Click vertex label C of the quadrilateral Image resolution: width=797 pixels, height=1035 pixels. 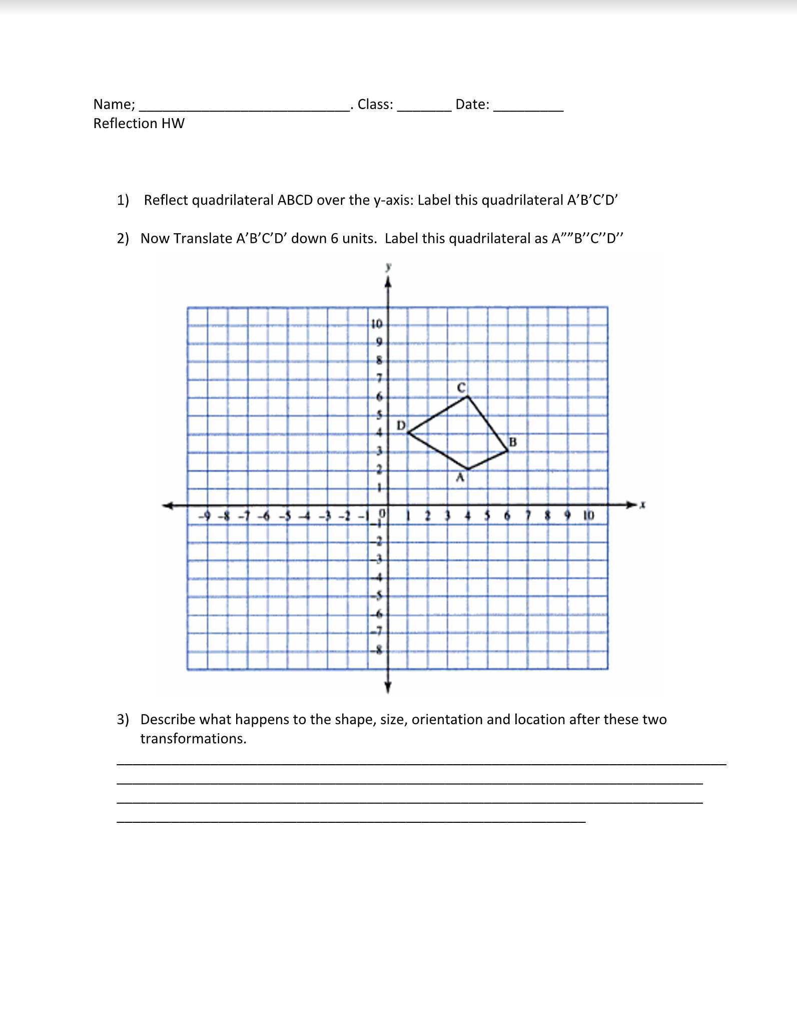pyautogui.click(x=461, y=388)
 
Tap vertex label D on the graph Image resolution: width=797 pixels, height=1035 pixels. pyautogui.click(x=401, y=425)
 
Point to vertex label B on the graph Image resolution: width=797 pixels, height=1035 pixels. pyautogui.click(x=512, y=442)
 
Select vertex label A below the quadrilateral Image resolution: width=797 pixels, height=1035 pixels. pyautogui.click(x=460, y=477)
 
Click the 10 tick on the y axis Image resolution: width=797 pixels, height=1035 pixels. pyautogui.click(x=377, y=324)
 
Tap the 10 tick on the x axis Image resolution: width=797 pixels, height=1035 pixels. pyautogui.click(x=588, y=515)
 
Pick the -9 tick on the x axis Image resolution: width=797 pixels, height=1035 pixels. pyautogui.click(x=204, y=515)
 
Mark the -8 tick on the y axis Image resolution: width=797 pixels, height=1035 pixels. pyautogui.click(x=377, y=650)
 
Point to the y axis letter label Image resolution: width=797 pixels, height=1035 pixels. pyautogui.click(x=388, y=267)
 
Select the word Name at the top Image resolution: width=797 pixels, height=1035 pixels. pyautogui.click(x=113, y=104)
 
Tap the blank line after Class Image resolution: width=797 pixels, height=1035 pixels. pyautogui.click(x=424, y=110)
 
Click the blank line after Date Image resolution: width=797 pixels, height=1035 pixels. pyautogui.click(x=528, y=110)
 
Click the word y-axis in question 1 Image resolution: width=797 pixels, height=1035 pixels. pyautogui.click(x=393, y=200)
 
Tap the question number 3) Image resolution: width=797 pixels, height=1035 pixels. pyautogui.click(x=123, y=719)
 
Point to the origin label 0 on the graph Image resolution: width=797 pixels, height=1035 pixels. pyautogui.click(x=382, y=513)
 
